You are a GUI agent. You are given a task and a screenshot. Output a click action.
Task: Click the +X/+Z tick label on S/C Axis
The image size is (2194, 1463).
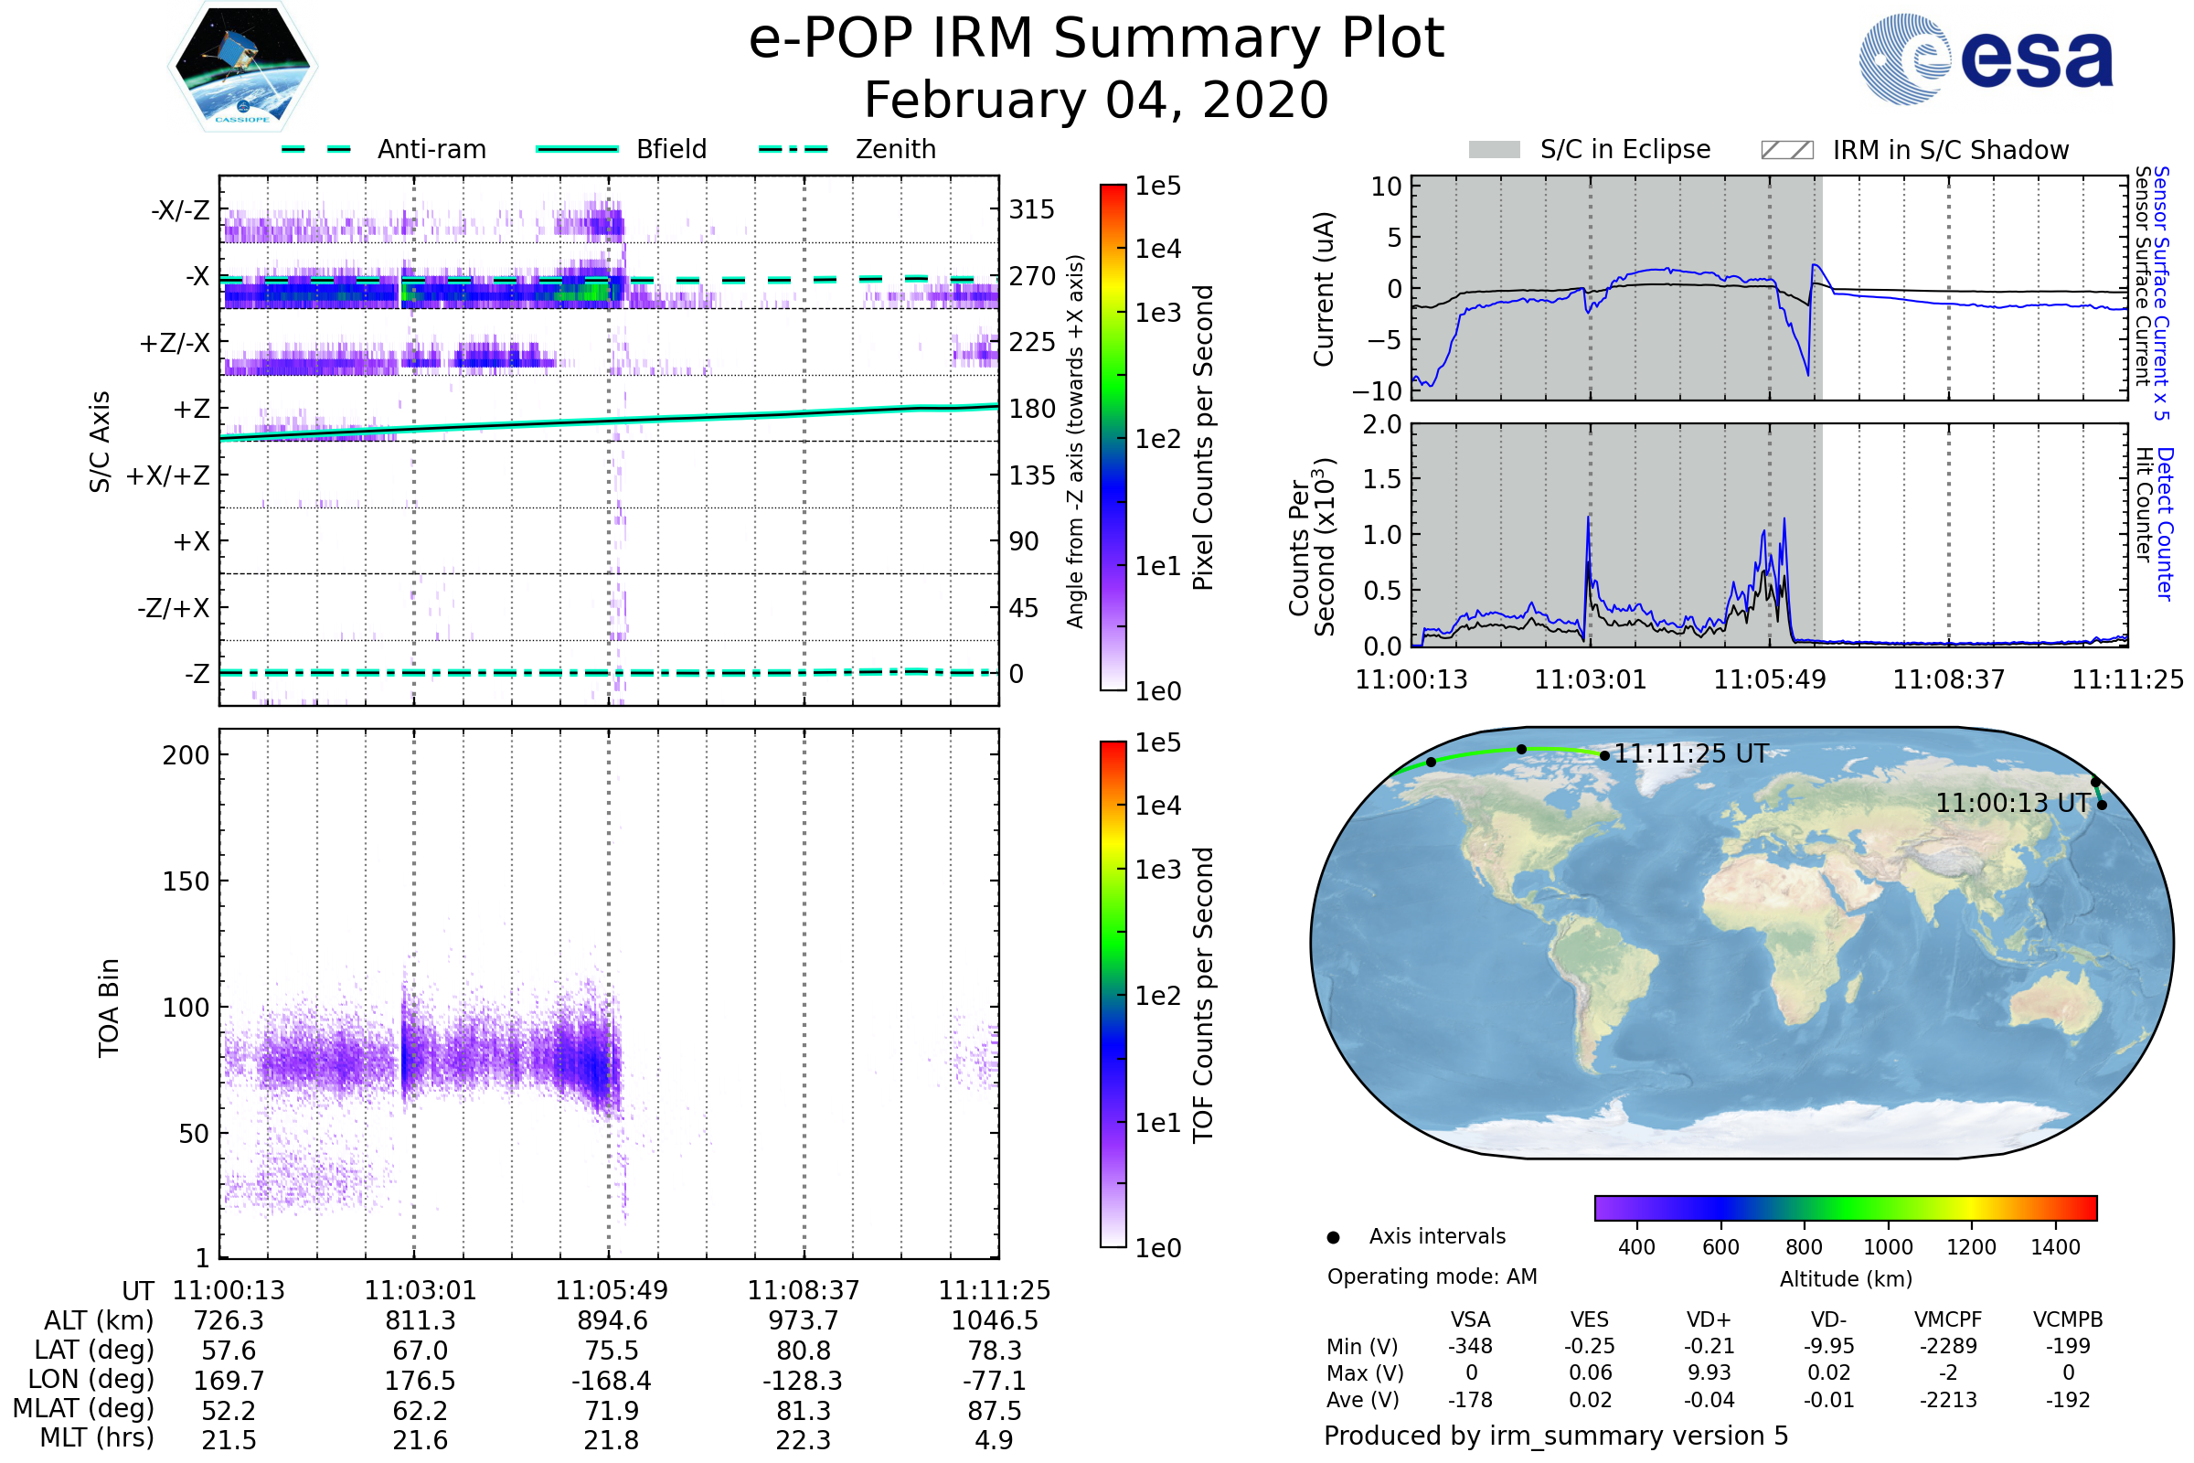(168, 475)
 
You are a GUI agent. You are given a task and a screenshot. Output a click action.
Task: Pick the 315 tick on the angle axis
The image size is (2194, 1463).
(1031, 209)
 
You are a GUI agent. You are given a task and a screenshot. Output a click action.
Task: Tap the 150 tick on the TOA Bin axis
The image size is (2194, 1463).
(186, 881)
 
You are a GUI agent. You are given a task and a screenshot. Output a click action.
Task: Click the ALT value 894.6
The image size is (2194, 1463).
(612, 1320)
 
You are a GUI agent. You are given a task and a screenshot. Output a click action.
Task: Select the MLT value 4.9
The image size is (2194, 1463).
(994, 1439)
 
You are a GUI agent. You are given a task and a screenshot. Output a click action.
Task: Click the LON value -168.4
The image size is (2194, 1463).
(612, 1380)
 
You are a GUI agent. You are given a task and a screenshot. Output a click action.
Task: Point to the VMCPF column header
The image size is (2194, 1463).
(1948, 1319)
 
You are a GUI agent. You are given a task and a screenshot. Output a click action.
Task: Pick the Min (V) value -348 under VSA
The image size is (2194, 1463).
(1470, 1346)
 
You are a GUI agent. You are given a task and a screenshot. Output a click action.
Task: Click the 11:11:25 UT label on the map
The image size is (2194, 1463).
(1690, 753)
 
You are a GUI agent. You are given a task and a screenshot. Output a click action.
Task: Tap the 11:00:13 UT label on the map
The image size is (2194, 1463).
(2012, 804)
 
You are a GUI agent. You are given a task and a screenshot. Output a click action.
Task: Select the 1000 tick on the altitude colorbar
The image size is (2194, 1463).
(1887, 1247)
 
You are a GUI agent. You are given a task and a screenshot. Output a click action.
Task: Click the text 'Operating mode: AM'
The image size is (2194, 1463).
(1432, 1276)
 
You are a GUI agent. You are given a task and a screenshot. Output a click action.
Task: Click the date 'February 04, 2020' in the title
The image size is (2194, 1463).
(1096, 100)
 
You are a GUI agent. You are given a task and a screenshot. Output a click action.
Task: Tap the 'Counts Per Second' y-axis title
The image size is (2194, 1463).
(1312, 547)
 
